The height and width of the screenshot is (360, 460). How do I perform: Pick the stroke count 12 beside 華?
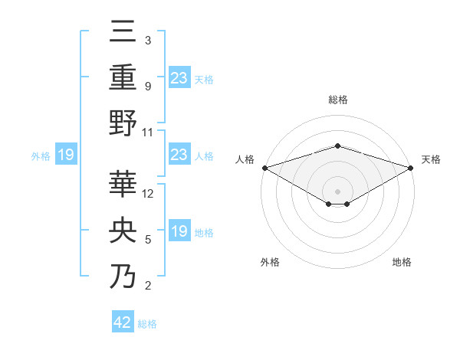(149, 194)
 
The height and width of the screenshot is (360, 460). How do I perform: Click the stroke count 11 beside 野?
(148, 132)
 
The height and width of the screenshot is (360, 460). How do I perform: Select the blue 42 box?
(123, 322)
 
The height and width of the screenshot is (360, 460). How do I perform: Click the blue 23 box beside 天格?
(179, 78)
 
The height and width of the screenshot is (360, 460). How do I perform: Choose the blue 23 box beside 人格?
(179, 155)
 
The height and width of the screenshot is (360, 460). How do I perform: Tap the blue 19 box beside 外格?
(66, 155)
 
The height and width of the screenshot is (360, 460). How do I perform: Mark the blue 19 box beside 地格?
(179, 231)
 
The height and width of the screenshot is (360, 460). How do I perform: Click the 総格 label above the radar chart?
(337, 100)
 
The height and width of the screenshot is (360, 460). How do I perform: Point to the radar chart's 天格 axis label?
(431, 159)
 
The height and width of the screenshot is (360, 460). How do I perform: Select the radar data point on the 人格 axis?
(264, 167)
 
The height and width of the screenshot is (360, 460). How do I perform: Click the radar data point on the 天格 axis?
(410, 167)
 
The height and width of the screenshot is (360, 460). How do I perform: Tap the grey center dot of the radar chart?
(337, 191)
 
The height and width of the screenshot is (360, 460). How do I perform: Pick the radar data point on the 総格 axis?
(337, 146)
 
